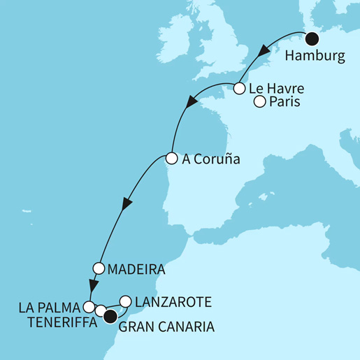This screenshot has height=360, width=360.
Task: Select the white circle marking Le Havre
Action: click(x=239, y=89)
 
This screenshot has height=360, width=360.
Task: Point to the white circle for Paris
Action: click(x=259, y=103)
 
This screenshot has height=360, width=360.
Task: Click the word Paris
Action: click(x=282, y=103)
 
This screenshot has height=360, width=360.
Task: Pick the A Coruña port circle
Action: click(x=170, y=158)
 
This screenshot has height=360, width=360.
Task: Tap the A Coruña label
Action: click(x=210, y=159)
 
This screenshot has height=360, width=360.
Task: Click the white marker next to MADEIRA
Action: click(x=98, y=268)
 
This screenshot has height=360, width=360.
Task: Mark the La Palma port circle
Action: click(x=89, y=306)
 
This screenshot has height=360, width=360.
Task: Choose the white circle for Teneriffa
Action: click(x=101, y=311)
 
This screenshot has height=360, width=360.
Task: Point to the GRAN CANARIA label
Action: click(x=166, y=326)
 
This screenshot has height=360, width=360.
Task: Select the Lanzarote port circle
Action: click(x=126, y=301)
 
